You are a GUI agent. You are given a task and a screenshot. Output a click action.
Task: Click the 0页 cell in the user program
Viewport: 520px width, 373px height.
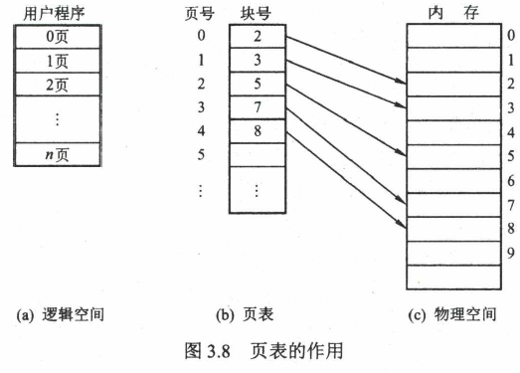[58, 37]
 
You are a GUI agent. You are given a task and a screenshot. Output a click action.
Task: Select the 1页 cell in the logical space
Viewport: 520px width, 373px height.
[58, 61]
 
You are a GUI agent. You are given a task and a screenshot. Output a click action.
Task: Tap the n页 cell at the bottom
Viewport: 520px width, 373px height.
[58, 154]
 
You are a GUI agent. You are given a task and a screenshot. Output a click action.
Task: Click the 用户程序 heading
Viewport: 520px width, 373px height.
[54, 14]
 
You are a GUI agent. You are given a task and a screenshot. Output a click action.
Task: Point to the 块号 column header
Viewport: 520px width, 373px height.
[256, 14]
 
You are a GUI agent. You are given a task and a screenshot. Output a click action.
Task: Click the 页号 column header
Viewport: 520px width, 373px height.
[200, 14]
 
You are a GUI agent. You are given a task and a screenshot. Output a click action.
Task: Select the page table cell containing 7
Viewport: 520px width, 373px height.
[258, 107]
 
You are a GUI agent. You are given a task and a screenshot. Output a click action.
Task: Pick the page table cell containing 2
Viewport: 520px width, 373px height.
[258, 36]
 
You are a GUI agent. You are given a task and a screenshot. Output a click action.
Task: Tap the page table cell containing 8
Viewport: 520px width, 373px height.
[258, 131]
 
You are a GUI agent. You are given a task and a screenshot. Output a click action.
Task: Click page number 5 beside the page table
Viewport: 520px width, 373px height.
[201, 154]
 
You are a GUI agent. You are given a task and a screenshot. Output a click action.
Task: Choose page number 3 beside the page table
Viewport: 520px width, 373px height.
[201, 107]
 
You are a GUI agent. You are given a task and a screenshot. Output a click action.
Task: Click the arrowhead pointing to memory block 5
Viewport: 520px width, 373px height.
[402, 153]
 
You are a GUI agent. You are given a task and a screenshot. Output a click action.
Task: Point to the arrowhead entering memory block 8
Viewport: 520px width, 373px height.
[402, 225]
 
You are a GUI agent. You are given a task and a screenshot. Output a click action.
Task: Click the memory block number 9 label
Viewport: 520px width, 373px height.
[511, 254]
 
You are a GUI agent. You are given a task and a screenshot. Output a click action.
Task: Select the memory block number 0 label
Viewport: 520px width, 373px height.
[511, 36]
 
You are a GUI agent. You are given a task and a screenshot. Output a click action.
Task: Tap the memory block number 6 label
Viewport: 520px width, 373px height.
[511, 181]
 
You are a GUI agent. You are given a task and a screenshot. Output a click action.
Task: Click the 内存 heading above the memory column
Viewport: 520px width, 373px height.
[453, 13]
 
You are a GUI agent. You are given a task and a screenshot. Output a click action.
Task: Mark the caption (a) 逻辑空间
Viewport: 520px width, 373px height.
[60, 314]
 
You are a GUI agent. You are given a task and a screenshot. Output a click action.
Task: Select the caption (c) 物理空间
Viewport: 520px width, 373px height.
[452, 314]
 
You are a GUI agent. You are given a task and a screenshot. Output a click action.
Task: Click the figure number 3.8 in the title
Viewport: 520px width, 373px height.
[218, 351]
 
